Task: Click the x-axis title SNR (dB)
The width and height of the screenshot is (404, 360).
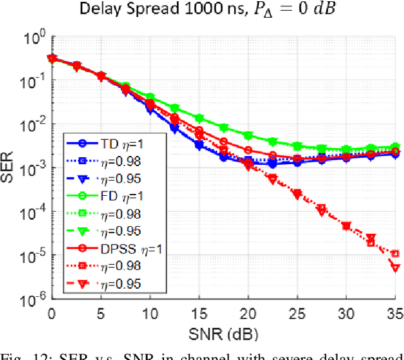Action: [x=225, y=332]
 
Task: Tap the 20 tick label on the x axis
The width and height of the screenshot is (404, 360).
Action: [x=248, y=312]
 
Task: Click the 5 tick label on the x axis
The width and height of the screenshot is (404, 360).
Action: [x=100, y=312]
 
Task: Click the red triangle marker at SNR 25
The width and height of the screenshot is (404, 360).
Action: [x=297, y=195]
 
